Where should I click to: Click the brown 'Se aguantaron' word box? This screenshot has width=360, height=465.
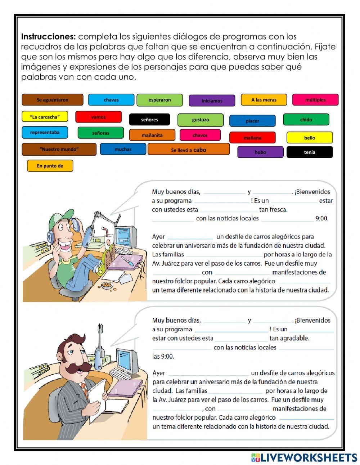tap(52, 100)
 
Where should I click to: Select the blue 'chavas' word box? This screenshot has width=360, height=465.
tap(111, 100)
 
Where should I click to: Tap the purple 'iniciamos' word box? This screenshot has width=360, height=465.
tap(212, 100)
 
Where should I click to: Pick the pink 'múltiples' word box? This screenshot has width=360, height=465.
tap(315, 100)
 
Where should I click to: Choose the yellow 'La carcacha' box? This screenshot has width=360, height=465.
tap(45, 117)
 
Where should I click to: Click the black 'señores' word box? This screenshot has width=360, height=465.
tap(149, 120)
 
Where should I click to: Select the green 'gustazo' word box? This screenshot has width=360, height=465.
tap(200, 120)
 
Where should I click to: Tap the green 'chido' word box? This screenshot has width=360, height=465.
tap(306, 120)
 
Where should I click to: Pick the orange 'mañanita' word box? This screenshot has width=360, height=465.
tap(152, 135)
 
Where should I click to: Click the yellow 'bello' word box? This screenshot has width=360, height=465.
tap(309, 138)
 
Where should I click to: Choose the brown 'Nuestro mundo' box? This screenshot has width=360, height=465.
tap(59, 149)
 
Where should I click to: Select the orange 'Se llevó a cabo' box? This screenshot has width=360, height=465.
tap(188, 149)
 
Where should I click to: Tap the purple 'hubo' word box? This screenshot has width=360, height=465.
tap(260, 152)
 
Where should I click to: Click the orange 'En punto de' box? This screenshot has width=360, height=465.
tap(50, 166)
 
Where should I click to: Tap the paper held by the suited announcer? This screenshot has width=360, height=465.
tap(97, 396)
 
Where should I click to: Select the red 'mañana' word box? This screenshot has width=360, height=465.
tap(252, 138)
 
